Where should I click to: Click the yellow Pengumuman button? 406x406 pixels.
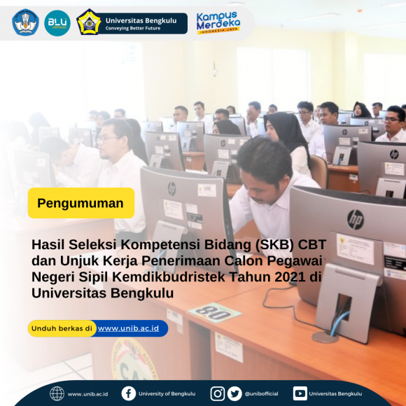tap(80, 204)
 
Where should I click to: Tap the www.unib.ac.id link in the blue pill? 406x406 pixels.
tap(129, 328)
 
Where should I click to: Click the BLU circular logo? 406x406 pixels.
tap(57, 23)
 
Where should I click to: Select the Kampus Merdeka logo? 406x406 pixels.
tap(218, 22)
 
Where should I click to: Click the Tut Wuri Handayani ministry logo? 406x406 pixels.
tap(25, 23)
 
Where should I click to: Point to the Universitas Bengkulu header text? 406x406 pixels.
tap(141, 20)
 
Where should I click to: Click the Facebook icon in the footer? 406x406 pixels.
tap(128, 393)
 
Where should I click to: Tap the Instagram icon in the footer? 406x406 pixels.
tap(218, 393)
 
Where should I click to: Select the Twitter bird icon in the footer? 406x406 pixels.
tap(234, 393)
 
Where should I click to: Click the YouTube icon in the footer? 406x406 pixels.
tap(300, 393)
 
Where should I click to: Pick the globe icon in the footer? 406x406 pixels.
tap(57, 393)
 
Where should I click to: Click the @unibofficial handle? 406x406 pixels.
tap(262, 394)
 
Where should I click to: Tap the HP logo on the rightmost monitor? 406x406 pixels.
tap(356, 219)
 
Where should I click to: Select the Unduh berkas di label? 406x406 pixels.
tap(62, 328)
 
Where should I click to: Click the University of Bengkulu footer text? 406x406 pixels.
tap(167, 394)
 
